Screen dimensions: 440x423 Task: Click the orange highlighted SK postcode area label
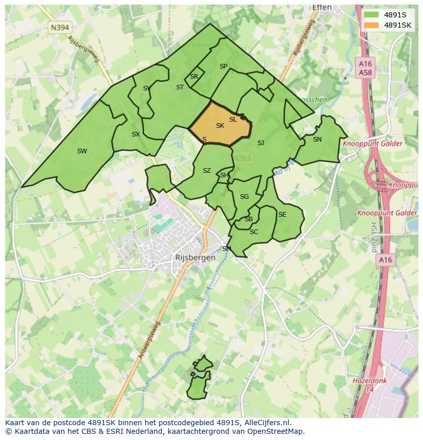220,126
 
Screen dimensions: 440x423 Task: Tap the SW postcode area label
82,151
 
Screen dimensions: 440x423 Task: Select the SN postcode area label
317,140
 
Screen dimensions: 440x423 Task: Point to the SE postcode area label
282,215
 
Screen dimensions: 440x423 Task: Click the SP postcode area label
223,66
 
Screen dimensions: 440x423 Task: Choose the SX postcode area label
135,134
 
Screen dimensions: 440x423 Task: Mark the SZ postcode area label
206,171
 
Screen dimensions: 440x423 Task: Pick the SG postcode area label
244,197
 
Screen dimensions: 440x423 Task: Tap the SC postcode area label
254,232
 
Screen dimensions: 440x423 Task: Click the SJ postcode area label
261,143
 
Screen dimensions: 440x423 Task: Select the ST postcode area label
180,87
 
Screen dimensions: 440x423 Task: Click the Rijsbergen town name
195,258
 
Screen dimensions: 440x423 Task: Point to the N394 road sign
60,28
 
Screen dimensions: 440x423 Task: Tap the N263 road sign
242,158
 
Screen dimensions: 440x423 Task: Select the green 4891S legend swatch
371,15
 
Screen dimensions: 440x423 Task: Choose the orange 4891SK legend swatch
371,25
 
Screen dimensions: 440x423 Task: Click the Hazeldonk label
370,381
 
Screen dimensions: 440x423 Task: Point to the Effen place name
322,8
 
